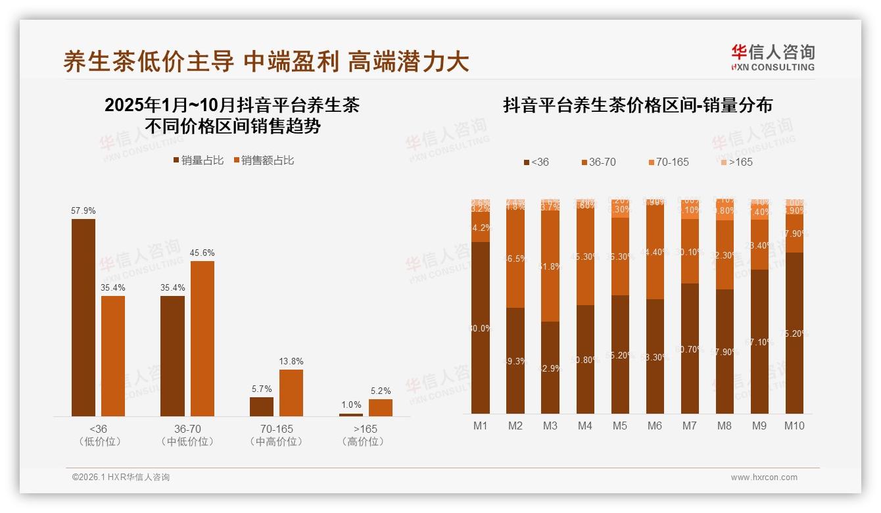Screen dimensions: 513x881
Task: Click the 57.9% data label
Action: tap(83, 211)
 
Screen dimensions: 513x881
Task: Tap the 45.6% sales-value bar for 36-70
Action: tap(202, 338)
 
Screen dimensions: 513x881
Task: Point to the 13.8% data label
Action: tap(291, 361)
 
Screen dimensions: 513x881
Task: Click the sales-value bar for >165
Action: tap(381, 408)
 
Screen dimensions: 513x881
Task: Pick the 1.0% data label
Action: tap(351, 405)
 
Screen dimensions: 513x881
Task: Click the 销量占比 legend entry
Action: tap(198, 160)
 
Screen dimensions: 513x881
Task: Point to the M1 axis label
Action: tap(481, 426)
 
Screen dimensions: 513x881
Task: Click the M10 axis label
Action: tap(794, 426)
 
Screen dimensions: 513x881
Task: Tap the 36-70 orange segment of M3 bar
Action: tap(550, 266)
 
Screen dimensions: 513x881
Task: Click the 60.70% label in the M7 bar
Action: tap(690, 349)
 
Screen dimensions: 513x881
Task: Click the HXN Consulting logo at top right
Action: tap(773, 58)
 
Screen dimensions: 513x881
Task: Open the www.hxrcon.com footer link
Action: tap(764, 477)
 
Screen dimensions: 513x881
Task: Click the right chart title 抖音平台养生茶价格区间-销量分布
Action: tap(637, 105)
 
